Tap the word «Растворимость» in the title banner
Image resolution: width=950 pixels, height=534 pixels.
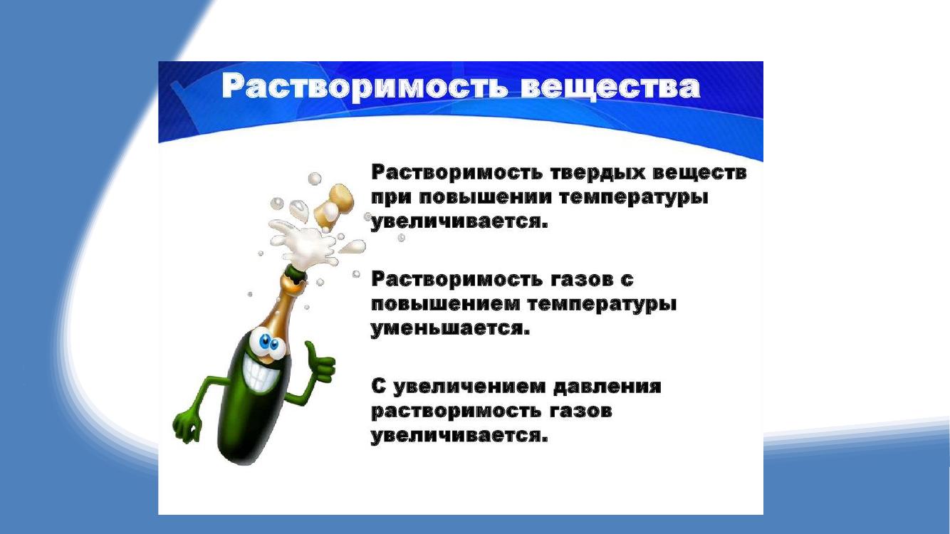pyautogui.click(x=365, y=88)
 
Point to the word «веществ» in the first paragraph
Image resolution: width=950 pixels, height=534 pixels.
pyautogui.click(x=699, y=173)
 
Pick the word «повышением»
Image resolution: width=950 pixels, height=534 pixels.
pyautogui.click(x=446, y=305)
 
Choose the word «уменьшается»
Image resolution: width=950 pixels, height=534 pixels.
pyautogui.click(x=450, y=329)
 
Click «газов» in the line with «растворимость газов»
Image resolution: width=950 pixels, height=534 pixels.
pyautogui.click(x=582, y=411)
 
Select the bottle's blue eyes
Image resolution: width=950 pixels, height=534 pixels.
pyautogui.click(x=268, y=345)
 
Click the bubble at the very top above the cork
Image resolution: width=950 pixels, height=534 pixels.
pyautogui.click(x=314, y=179)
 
